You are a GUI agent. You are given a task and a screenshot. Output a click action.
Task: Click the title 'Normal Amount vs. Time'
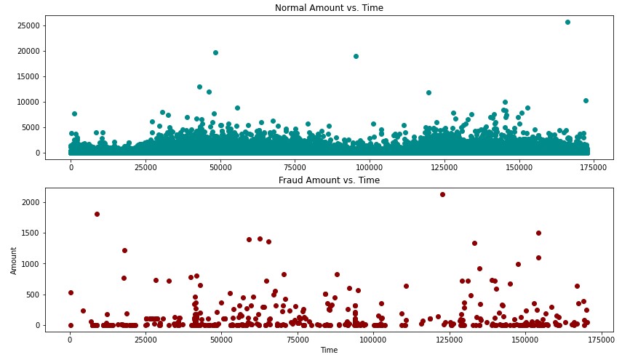[329, 8]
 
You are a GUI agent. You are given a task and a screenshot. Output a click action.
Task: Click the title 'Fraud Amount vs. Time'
[329, 180]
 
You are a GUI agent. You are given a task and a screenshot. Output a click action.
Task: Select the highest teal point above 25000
[567, 23]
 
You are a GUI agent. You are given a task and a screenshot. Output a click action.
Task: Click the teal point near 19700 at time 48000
[215, 52]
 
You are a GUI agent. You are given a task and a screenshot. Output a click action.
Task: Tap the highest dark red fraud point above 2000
[442, 194]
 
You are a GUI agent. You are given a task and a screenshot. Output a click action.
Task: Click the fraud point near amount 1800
[97, 214]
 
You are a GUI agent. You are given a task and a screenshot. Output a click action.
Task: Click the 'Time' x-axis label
[329, 350]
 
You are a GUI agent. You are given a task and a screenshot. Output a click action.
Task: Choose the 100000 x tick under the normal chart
[370, 167]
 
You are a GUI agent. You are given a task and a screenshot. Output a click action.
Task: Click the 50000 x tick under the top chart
[220, 167]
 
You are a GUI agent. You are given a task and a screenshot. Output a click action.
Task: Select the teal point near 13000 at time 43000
[199, 87]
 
